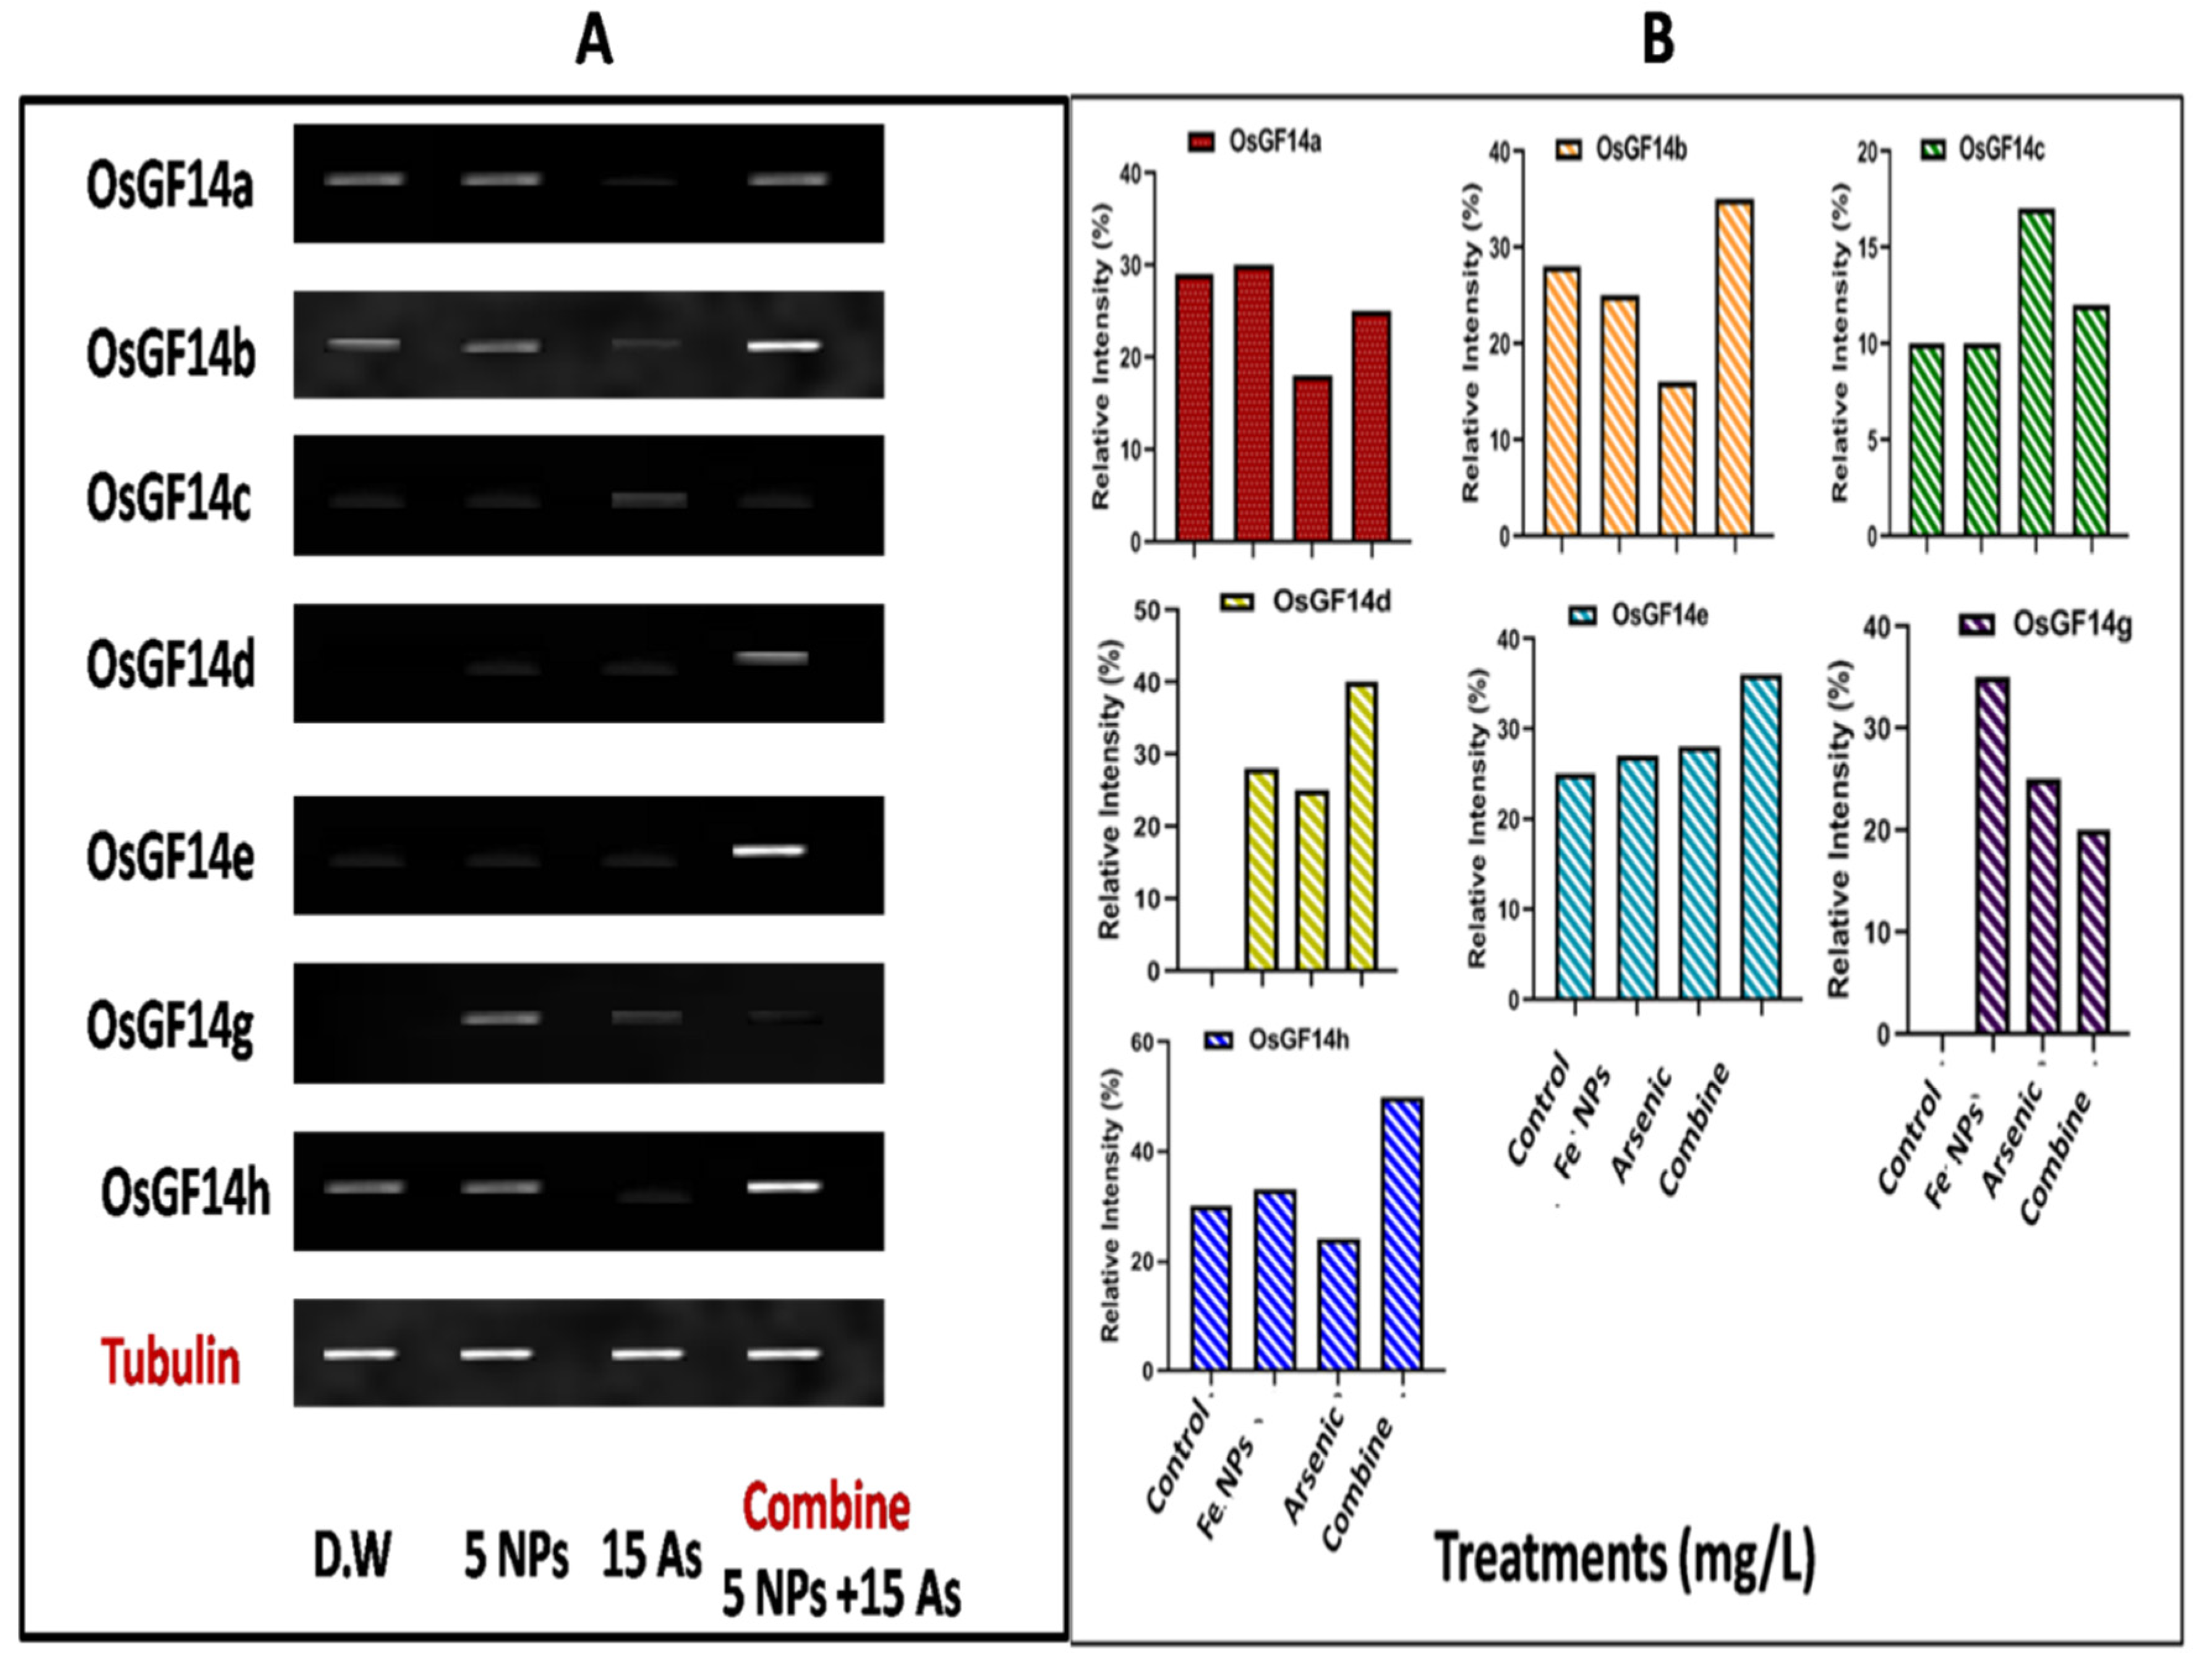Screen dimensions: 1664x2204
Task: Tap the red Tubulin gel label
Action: coord(171,1362)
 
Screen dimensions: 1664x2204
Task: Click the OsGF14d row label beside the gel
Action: coord(171,665)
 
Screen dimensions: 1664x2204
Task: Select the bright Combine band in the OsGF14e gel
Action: coord(768,851)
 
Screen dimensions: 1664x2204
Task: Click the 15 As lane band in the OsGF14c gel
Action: coord(649,499)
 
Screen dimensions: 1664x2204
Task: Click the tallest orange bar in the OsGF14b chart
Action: coord(1735,368)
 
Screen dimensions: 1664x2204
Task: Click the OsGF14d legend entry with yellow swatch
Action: coord(1306,602)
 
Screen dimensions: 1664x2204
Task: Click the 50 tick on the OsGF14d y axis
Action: coord(1154,610)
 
